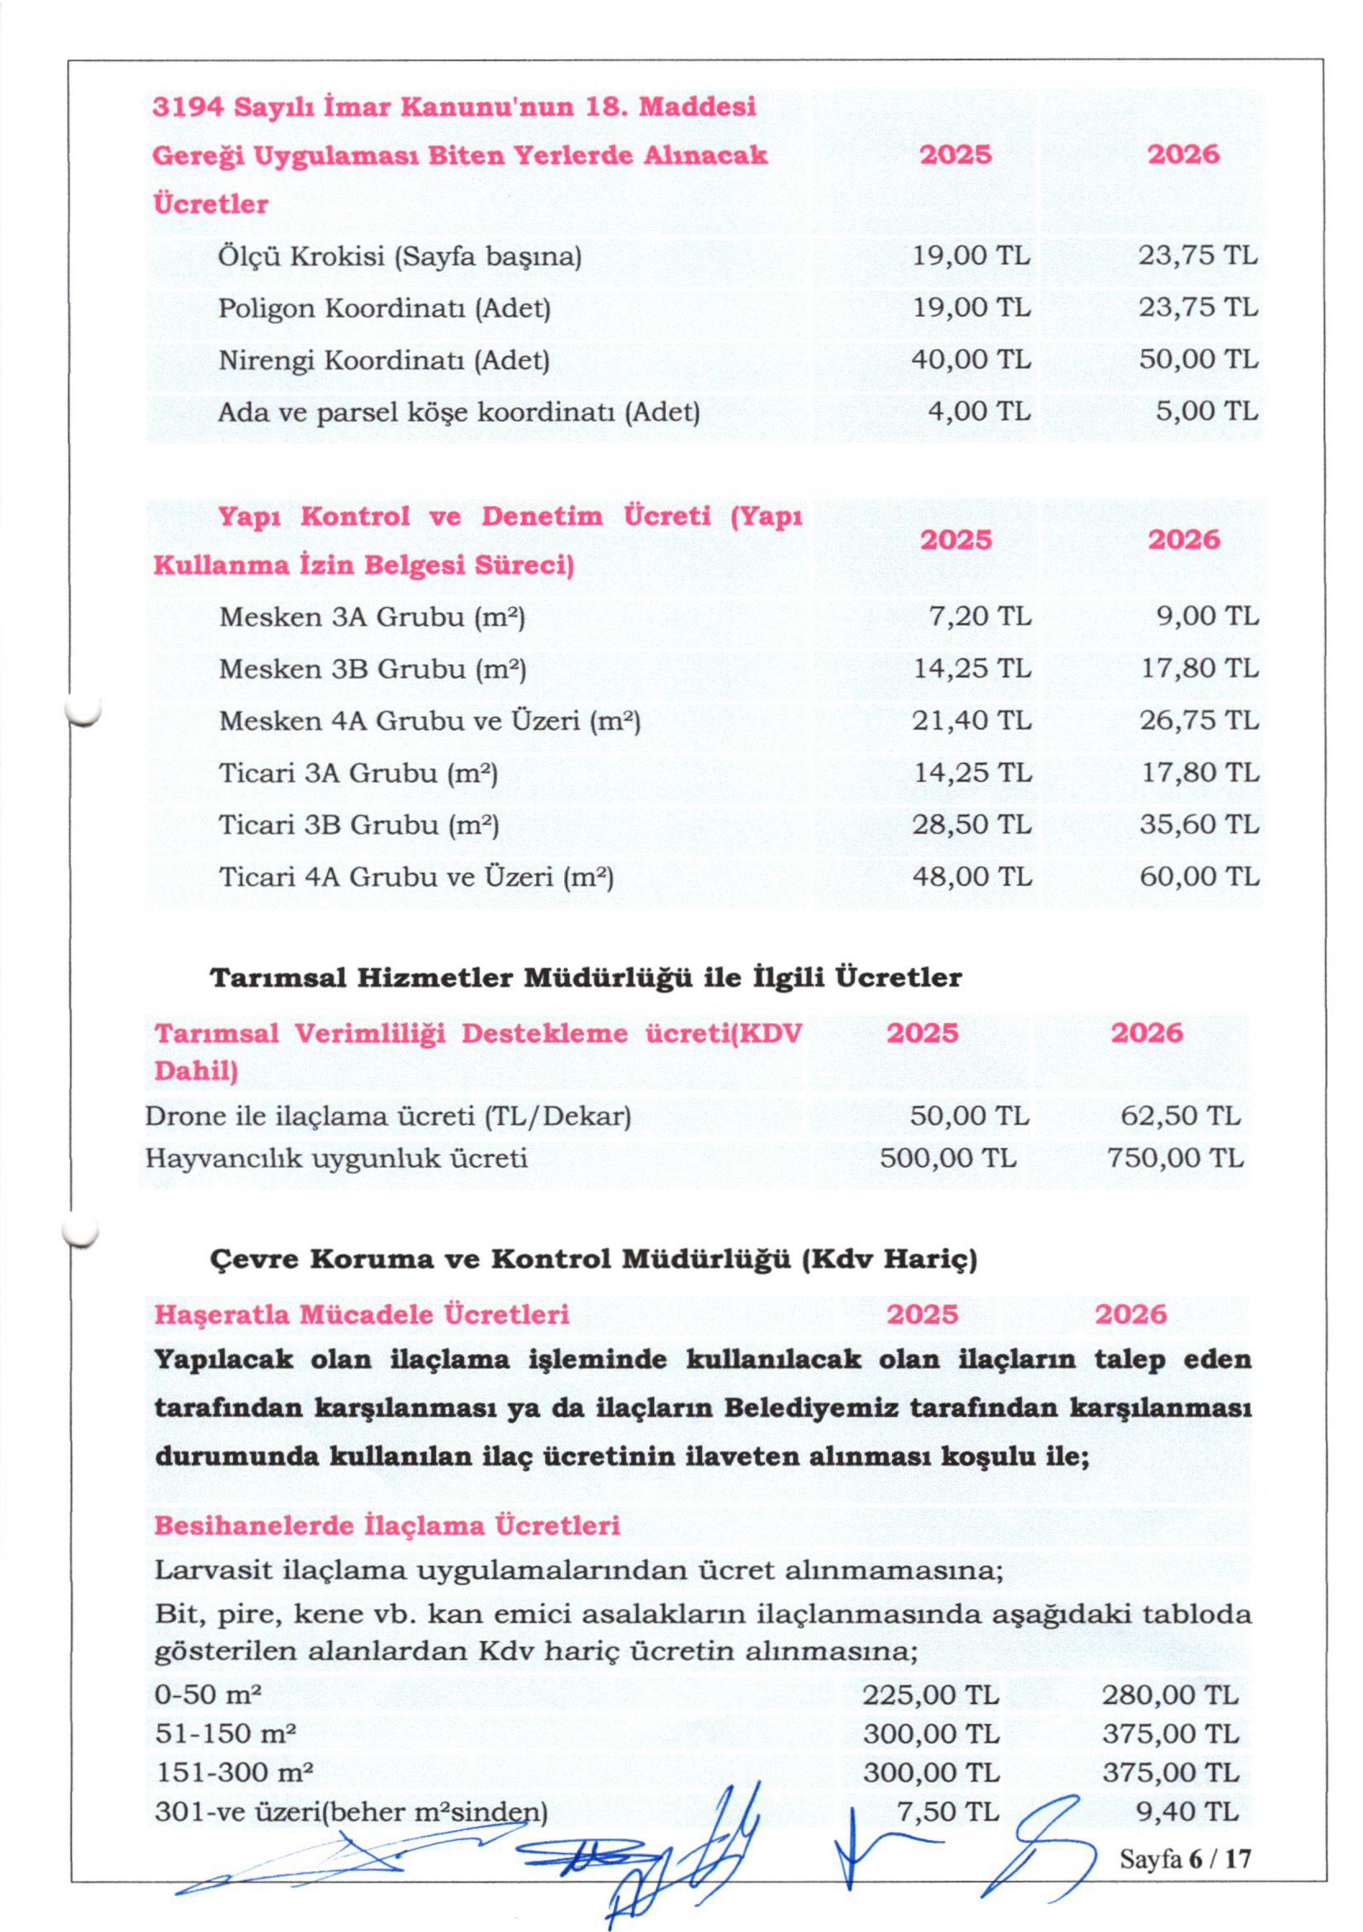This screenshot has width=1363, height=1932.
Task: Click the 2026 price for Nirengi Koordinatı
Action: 1198,360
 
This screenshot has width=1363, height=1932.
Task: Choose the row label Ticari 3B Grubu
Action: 359,824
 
